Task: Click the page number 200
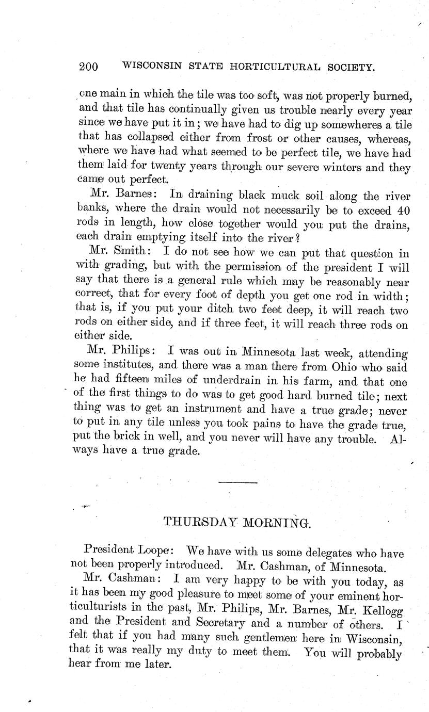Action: (89, 67)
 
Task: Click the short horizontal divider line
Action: (237, 482)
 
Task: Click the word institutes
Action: (130, 368)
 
